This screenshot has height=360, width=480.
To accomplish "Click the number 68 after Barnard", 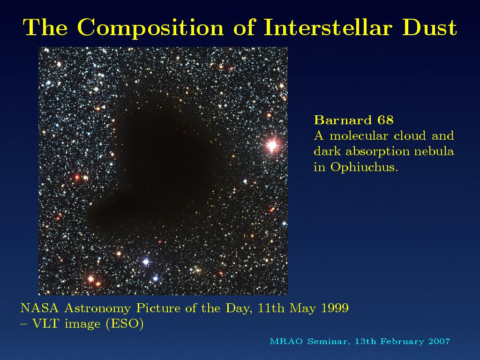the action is click(385, 120).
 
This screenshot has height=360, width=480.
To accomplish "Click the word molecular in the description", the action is click(358, 135).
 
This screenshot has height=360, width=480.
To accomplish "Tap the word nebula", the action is click(434, 151).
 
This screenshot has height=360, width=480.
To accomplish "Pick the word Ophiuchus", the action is click(364, 167).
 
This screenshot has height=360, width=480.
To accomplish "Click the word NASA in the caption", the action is click(39, 308).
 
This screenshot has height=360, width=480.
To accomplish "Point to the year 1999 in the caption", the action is click(335, 308).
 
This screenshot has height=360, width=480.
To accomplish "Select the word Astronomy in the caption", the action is click(97, 308).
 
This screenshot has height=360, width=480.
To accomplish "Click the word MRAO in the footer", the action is click(286, 341).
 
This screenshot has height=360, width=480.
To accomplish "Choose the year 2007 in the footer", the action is click(439, 341).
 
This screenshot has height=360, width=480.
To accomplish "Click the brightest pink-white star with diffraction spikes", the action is click(272, 145).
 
